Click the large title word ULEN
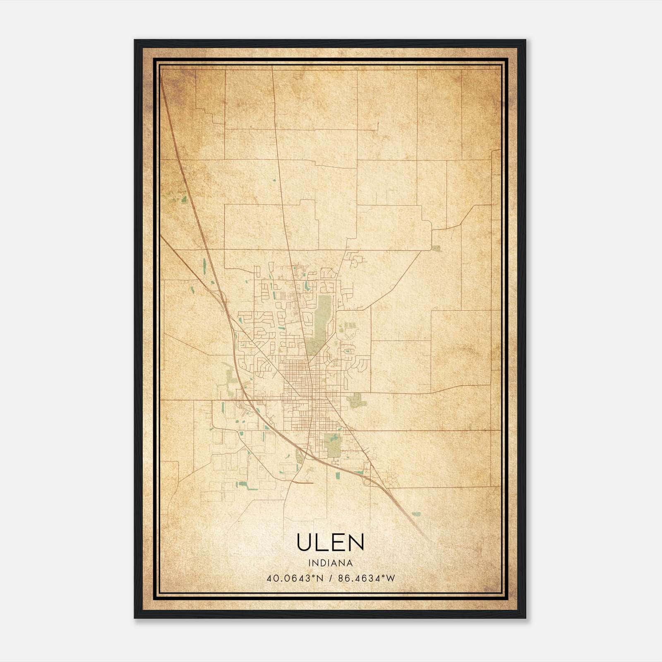330,542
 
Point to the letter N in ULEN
356,542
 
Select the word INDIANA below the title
330,563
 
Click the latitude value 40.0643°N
294,578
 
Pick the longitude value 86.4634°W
367,578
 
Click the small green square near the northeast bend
436,248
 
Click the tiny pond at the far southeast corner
416,514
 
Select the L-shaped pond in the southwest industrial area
242,484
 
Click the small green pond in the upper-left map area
183,199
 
